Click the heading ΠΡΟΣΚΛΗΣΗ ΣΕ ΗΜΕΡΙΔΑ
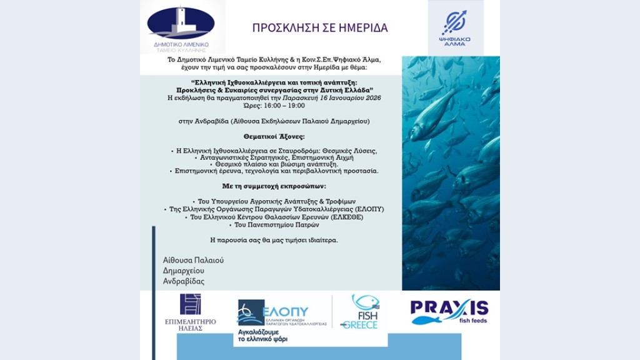tap(319, 28)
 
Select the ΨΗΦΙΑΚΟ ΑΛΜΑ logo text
tap(456, 41)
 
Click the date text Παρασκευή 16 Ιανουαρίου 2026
tap(341, 98)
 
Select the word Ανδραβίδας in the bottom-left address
tap(183, 281)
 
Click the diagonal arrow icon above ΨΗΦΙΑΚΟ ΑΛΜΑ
tap(454, 22)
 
